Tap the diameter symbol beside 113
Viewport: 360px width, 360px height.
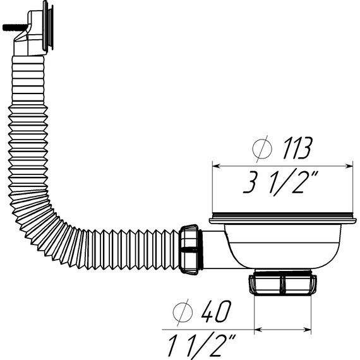pos(260,148)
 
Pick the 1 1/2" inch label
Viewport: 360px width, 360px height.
pos(201,345)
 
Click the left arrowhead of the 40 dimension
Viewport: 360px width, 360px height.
pos(257,329)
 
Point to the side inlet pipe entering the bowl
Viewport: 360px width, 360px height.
pos(215,243)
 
